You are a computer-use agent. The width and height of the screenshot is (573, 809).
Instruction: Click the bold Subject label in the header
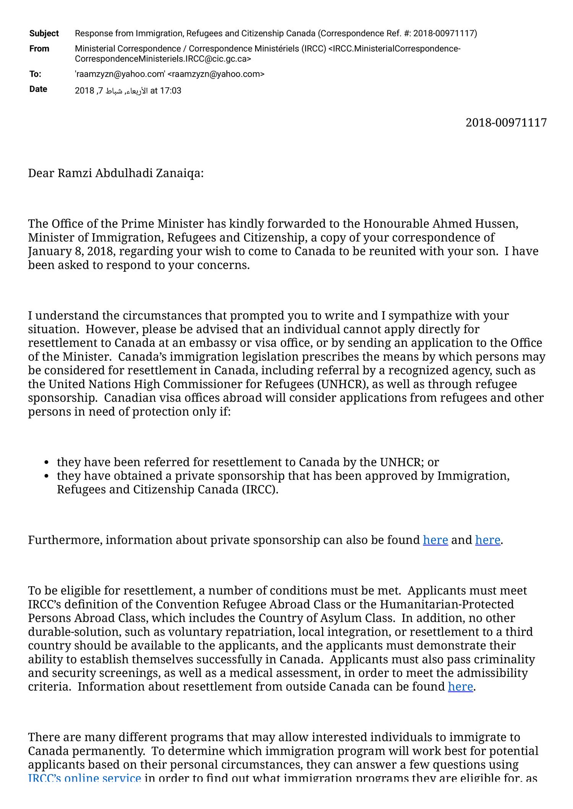pyautogui.click(x=44, y=34)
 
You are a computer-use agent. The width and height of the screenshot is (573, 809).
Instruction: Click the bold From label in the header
pyautogui.click(x=39, y=49)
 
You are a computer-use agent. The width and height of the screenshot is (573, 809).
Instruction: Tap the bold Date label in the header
pyautogui.click(x=38, y=89)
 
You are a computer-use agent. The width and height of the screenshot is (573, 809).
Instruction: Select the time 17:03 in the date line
pyautogui.click(x=171, y=91)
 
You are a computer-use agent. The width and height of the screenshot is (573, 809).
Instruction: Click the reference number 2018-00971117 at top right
pyautogui.click(x=506, y=123)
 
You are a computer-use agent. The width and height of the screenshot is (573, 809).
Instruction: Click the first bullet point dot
pyautogui.click(x=46, y=463)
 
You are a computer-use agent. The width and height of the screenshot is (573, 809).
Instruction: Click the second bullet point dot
pyautogui.click(x=46, y=477)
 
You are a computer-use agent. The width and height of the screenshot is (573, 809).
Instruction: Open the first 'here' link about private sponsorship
pyautogui.click(x=435, y=540)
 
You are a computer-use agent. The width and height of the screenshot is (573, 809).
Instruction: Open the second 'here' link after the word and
pyautogui.click(x=487, y=540)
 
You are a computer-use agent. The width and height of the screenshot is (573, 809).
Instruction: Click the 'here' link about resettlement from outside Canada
pyautogui.click(x=460, y=687)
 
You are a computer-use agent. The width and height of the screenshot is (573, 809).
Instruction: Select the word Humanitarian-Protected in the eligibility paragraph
pyautogui.click(x=447, y=604)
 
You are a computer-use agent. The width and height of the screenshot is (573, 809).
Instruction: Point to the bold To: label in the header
pyautogui.click(x=35, y=74)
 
